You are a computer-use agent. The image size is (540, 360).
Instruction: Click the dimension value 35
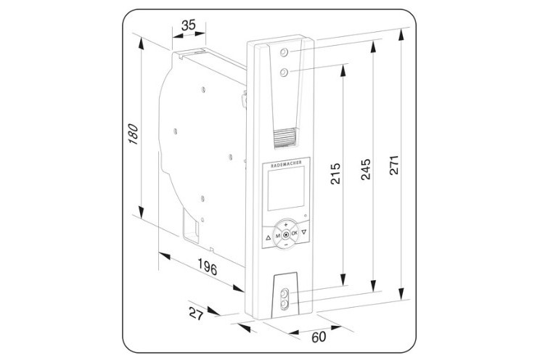coord(189,25)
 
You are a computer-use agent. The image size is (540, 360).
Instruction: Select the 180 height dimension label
coord(133,134)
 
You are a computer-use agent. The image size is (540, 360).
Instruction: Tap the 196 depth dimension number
coord(208,266)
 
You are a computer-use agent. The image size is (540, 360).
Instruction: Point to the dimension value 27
coord(196,314)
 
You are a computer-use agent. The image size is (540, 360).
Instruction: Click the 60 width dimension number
coord(319,337)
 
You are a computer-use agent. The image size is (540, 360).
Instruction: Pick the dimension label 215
coord(335,173)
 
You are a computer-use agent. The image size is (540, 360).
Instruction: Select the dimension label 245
coord(365,169)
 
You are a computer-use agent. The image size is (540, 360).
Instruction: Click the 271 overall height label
coord(394,165)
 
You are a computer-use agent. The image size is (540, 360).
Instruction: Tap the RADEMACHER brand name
coord(286,163)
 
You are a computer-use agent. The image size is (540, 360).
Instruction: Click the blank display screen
coord(286,188)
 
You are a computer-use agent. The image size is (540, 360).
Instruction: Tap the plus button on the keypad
coord(285,224)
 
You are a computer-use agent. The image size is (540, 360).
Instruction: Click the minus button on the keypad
coord(285,245)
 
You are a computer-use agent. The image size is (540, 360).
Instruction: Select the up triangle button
coord(269,237)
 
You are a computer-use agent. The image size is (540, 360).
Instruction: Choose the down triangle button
coord(303,232)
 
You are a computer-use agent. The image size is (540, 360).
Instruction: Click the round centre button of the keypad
coord(286,235)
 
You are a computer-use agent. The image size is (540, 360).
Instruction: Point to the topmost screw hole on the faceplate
coord(284,52)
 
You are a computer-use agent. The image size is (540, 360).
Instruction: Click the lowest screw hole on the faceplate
coord(285,304)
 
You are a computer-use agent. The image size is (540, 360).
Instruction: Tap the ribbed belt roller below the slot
coord(285,138)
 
